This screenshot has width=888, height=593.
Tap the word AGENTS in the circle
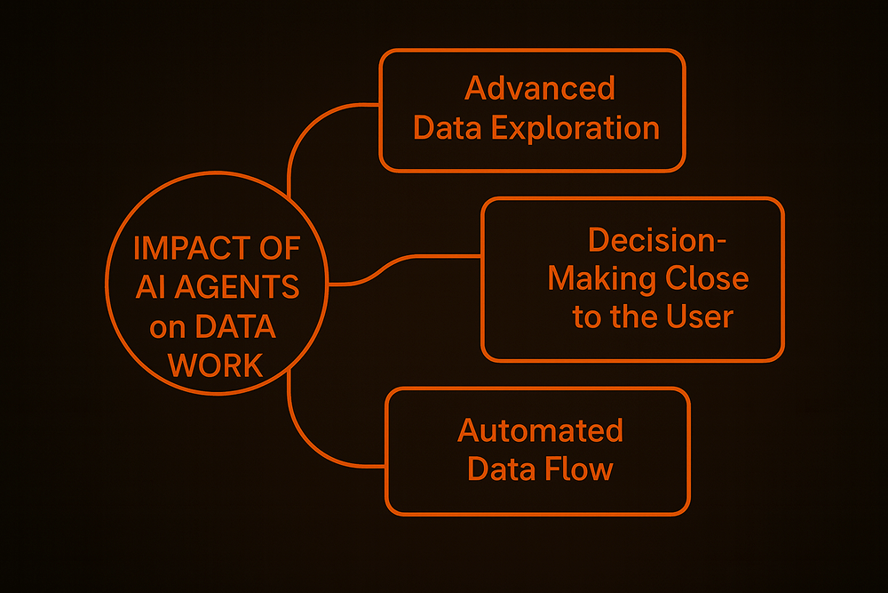click(x=248, y=287)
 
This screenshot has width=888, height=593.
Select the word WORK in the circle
click(x=215, y=365)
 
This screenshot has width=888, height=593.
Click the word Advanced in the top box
click(x=540, y=88)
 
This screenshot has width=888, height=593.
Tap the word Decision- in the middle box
click(x=646, y=240)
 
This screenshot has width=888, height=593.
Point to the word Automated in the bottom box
click(x=540, y=430)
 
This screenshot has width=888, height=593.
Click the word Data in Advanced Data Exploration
click(x=448, y=128)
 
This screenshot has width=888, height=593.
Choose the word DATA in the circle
click(x=235, y=326)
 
